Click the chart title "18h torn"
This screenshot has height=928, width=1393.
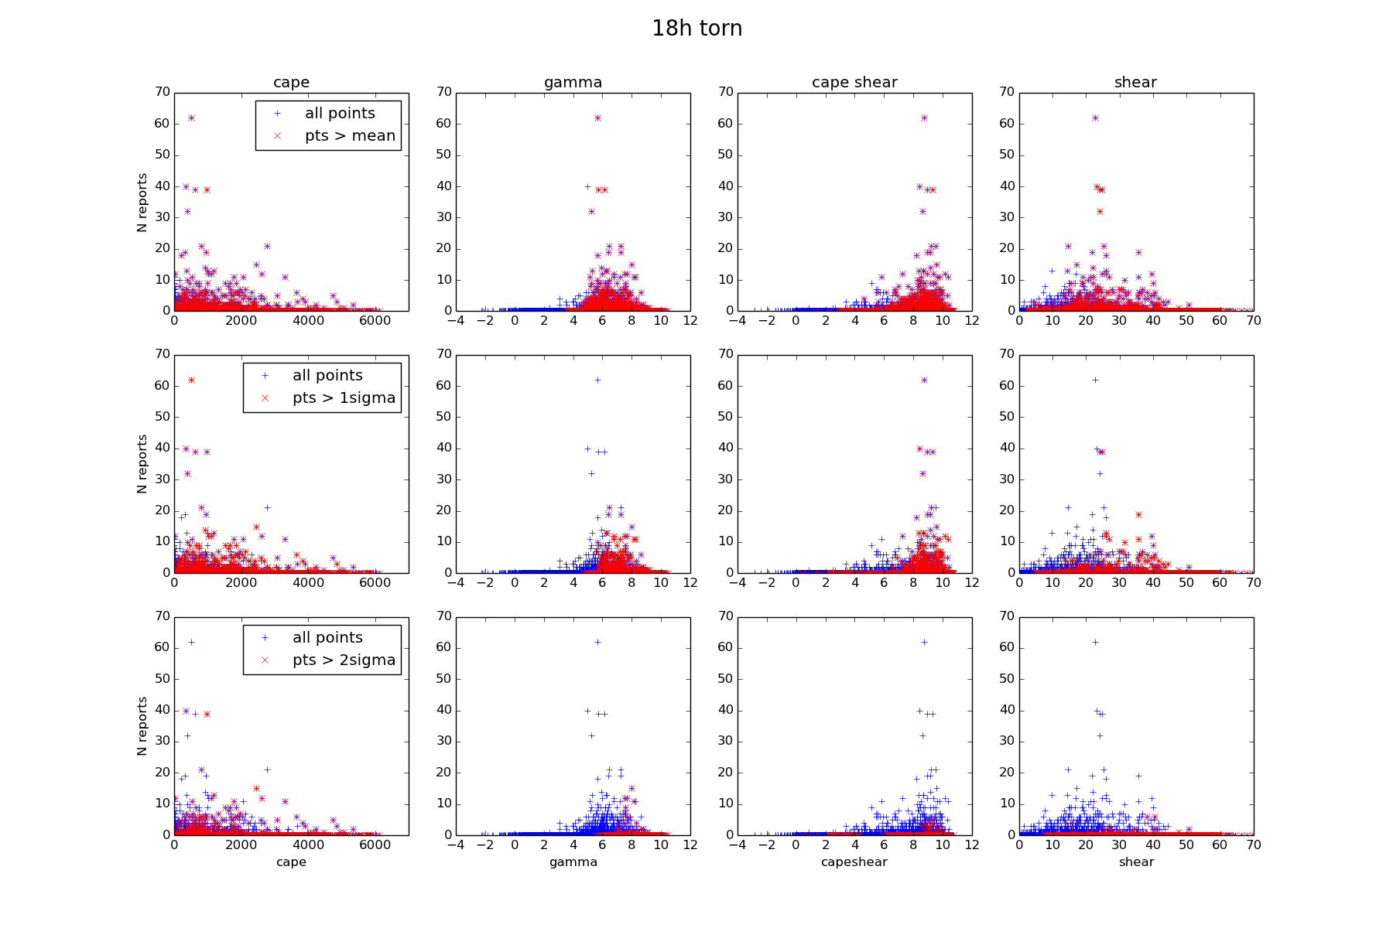pyautogui.click(x=696, y=29)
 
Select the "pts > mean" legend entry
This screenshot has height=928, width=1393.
pyautogui.click(x=350, y=136)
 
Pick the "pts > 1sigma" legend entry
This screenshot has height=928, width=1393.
pyautogui.click(x=344, y=398)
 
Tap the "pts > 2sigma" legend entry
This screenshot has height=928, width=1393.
pyautogui.click(x=344, y=660)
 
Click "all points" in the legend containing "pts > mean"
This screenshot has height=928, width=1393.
pyautogui.click(x=340, y=114)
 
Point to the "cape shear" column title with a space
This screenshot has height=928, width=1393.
pyautogui.click(x=854, y=83)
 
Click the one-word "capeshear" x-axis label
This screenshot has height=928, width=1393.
pyautogui.click(x=854, y=861)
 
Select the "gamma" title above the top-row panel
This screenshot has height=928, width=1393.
pyautogui.click(x=573, y=83)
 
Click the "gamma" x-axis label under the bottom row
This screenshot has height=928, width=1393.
pyautogui.click(x=573, y=861)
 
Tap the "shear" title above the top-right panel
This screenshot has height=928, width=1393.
pyautogui.click(x=1135, y=83)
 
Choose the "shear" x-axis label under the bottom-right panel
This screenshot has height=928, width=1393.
pyautogui.click(x=1136, y=861)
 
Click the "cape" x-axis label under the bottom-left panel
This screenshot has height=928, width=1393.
pyautogui.click(x=291, y=861)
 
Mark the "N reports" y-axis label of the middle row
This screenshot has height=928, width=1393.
pyautogui.click(x=142, y=464)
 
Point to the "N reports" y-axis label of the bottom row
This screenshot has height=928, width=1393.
pyautogui.click(x=142, y=726)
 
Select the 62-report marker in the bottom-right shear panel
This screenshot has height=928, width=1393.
pyautogui.click(x=1095, y=642)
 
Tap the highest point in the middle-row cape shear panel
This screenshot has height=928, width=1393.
pyautogui.click(x=924, y=380)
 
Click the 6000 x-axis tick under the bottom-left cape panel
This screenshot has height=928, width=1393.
pyautogui.click(x=375, y=845)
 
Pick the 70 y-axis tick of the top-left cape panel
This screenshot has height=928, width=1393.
pyautogui.click(x=162, y=92)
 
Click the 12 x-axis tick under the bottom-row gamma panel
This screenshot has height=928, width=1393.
pyautogui.click(x=690, y=845)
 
